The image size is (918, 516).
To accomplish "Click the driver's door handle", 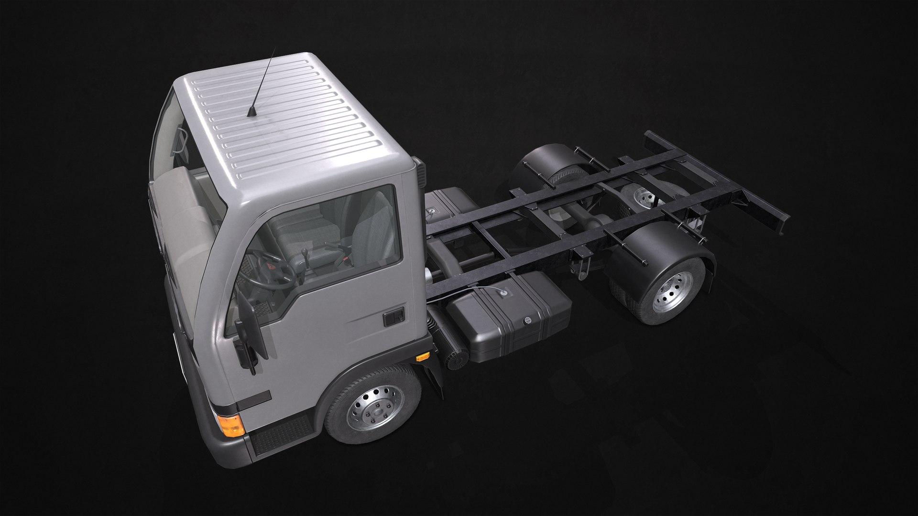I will pyautogui.click(x=394, y=316).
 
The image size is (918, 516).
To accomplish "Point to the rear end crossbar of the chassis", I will pyautogui.click(x=717, y=177).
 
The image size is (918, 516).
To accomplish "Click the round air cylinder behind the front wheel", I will pyautogui.click(x=457, y=356).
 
